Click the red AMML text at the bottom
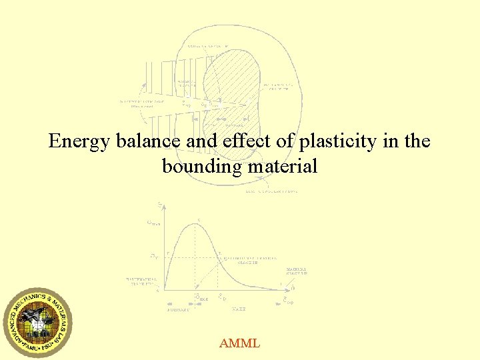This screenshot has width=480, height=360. (x=239, y=344)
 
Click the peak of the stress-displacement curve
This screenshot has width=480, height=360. (x=194, y=225)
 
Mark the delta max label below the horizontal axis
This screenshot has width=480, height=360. (x=201, y=299)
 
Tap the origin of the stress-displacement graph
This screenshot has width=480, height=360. (x=158, y=290)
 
